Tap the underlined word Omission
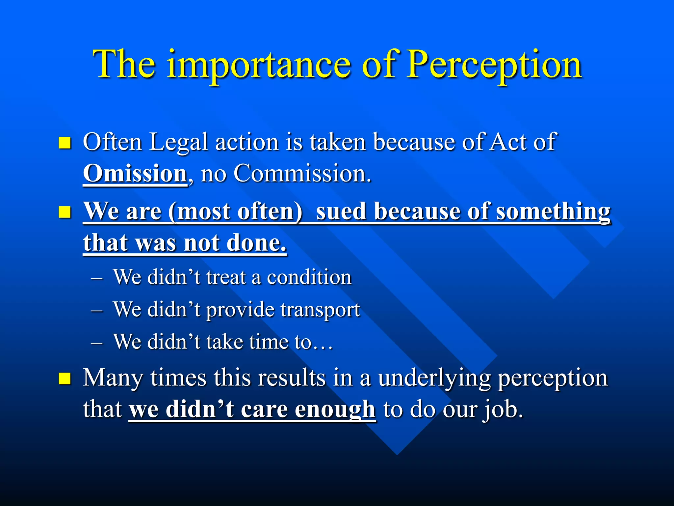click(x=135, y=174)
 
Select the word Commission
click(x=302, y=174)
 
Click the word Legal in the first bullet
click(x=178, y=142)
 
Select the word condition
click(x=309, y=277)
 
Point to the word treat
click(x=226, y=277)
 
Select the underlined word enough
click(x=335, y=409)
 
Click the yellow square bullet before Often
click(x=65, y=143)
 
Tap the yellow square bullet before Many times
click(x=65, y=379)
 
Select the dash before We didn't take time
click(x=97, y=343)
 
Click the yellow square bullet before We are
click(x=65, y=212)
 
